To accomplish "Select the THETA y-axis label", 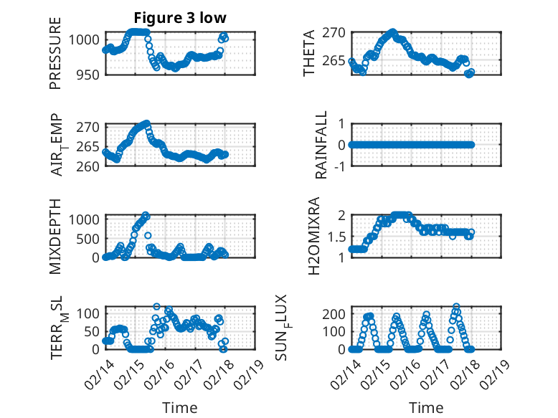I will [309, 53].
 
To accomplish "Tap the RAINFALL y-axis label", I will [322, 145].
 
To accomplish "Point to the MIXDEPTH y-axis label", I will [55, 236].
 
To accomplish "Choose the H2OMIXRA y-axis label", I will [313, 236].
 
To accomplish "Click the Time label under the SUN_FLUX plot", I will [426, 407].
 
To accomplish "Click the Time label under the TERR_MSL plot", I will [180, 407].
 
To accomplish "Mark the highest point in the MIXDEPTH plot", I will [146, 215].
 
